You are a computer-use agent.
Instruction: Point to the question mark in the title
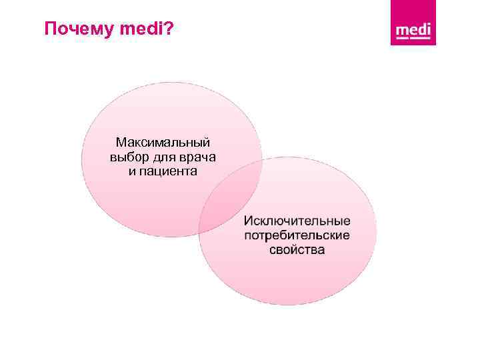pyautogui.click(x=167, y=29)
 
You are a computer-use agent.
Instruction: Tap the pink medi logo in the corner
pyautogui.click(x=413, y=23)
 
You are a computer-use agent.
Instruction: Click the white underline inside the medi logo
pyautogui.click(x=413, y=39)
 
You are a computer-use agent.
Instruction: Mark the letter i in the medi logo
pyautogui.click(x=429, y=29)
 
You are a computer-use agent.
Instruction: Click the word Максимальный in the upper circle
pyautogui.click(x=163, y=143)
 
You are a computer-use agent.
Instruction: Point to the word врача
pyautogui.click(x=197, y=157)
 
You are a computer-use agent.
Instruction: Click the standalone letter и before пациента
pyautogui.click(x=132, y=171)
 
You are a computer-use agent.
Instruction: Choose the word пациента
pyautogui.click(x=169, y=171)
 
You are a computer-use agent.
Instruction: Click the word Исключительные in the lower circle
pyautogui.click(x=297, y=221)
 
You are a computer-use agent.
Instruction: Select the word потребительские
pyautogui.click(x=297, y=236)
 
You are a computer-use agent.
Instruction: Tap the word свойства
pyautogui.click(x=297, y=250)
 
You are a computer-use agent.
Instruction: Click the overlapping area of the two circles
pyautogui.click(x=231, y=197)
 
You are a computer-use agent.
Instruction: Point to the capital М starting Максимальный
pyautogui.click(x=120, y=143)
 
